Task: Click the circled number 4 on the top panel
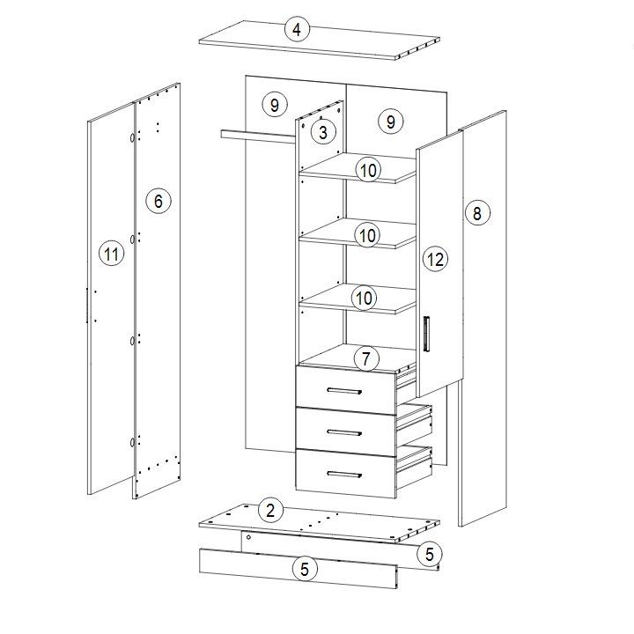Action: coord(298,30)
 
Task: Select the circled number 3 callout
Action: coord(323,132)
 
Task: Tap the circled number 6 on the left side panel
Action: coord(158,201)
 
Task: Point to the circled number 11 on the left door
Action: coord(112,254)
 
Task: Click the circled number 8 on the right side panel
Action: coord(477,213)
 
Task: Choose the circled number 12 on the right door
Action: coord(436,259)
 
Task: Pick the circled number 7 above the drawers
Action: coord(366,358)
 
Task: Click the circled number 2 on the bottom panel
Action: coord(270,510)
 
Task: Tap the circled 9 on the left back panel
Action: coord(275,105)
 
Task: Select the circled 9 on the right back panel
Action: coord(391,122)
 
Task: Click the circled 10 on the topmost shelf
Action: coord(368,170)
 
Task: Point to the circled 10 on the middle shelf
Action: coord(367,235)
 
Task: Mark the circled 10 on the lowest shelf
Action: coord(365,299)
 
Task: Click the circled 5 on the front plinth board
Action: coord(305,569)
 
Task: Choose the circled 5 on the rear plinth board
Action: coord(430,554)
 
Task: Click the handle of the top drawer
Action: coord(344,391)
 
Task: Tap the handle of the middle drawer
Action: coord(344,432)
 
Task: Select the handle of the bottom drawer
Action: coord(344,475)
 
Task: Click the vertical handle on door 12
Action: coord(426,334)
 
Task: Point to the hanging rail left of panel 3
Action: coord(259,136)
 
